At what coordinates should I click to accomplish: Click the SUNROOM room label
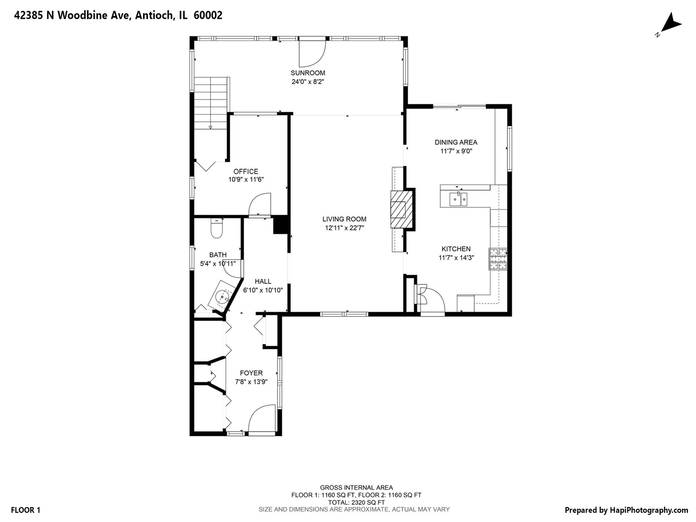click(307, 73)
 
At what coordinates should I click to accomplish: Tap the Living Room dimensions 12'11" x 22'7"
click(344, 228)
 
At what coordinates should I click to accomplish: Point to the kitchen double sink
click(458, 199)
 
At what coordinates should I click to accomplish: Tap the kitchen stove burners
click(497, 259)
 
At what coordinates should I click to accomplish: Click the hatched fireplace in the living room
click(402, 209)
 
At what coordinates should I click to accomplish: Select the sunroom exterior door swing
click(312, 52)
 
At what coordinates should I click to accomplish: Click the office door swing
click(260, 205)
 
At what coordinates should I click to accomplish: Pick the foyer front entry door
click(261, 420)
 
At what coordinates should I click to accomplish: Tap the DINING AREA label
click(456, 142)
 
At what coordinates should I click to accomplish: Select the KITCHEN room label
click(456, 249)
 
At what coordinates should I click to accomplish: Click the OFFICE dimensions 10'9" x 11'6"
click(246, 180)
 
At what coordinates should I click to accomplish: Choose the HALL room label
click(263, 281)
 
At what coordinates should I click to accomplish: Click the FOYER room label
click(251, 373)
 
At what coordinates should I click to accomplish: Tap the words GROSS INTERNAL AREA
click(356, 488)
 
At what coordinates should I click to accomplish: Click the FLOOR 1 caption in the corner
click(26, 510)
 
